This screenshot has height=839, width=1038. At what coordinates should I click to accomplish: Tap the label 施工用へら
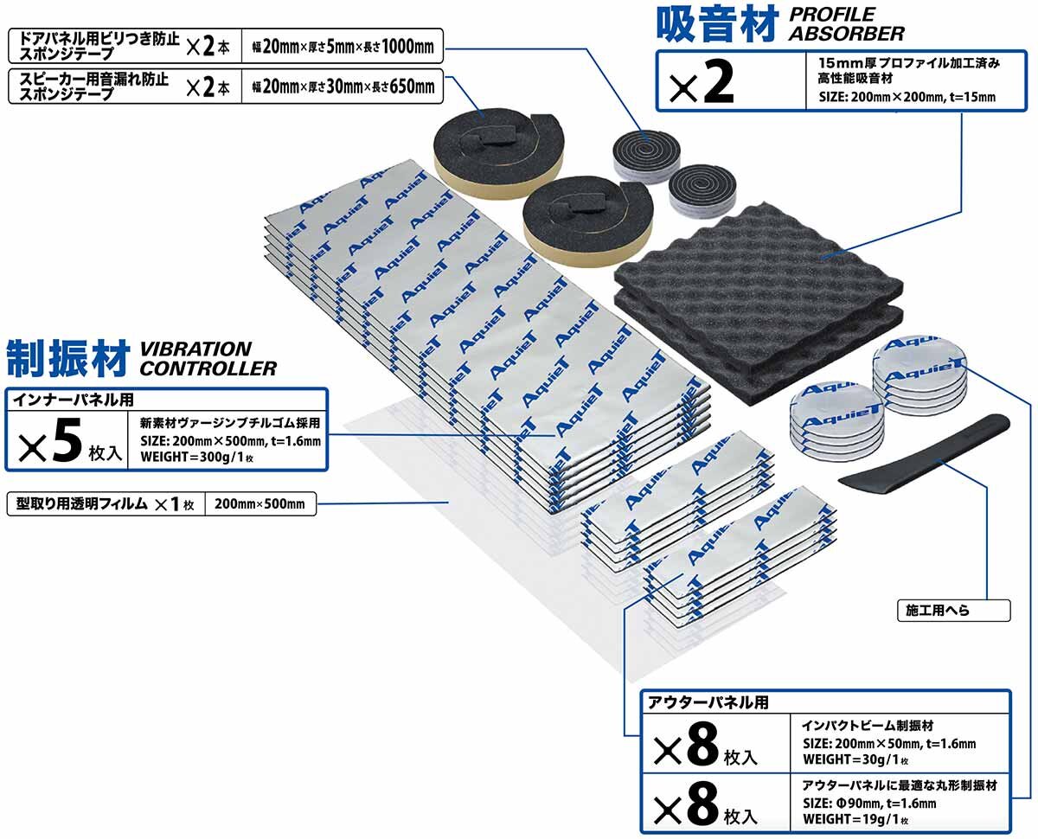(x=937, y=610)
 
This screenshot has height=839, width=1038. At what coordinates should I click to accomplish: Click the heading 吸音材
(x=717, y=23)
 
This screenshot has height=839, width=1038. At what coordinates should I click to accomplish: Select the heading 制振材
(x=67, y=358)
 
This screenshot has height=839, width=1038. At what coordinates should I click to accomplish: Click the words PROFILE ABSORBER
(x=847, y=24)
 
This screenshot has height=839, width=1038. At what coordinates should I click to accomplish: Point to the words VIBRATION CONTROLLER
(x=208, y=359)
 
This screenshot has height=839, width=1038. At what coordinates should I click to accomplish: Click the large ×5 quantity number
(x=49, y=440)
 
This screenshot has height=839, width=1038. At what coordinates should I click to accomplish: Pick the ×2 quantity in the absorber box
(x=702, y=83)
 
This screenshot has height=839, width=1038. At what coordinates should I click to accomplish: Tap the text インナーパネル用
(x=74, y=400)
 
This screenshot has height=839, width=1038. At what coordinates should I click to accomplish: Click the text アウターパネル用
(x=708, y=702)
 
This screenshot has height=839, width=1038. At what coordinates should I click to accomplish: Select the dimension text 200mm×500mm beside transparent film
(x=259, y=503)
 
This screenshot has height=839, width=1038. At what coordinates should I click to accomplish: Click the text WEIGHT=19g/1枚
(x=855, y=819)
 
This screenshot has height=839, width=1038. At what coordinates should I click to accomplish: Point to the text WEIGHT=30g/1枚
(x=855, y=759)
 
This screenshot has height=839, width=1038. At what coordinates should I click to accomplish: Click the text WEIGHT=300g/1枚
(x=197, y=457)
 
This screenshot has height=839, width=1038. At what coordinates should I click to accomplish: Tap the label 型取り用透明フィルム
(x=81, y=503)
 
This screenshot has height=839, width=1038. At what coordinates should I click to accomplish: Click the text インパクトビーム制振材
(x=868, y=726)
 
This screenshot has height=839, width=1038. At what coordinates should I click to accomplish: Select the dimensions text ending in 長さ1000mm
(x=343, y=47)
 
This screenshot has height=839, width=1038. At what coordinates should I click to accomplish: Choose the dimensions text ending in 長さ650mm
(x=343, y=86)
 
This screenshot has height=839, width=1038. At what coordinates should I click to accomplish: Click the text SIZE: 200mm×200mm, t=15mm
(x=907, y=97)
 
